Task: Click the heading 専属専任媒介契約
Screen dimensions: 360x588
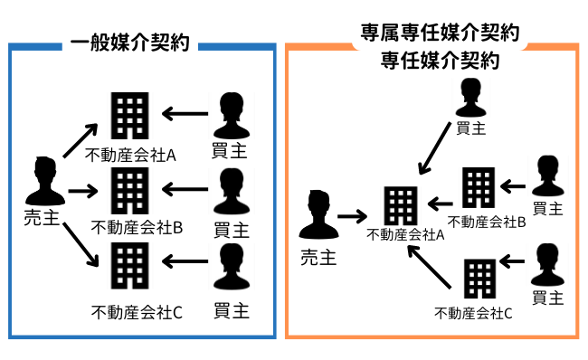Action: [439, 36]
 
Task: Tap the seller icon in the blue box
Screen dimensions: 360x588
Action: [44, 181]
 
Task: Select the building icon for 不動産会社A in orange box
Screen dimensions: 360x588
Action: [398, 207]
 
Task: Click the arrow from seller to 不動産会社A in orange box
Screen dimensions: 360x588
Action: [351, 216]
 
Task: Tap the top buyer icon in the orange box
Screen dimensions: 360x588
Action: [470, 97]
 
